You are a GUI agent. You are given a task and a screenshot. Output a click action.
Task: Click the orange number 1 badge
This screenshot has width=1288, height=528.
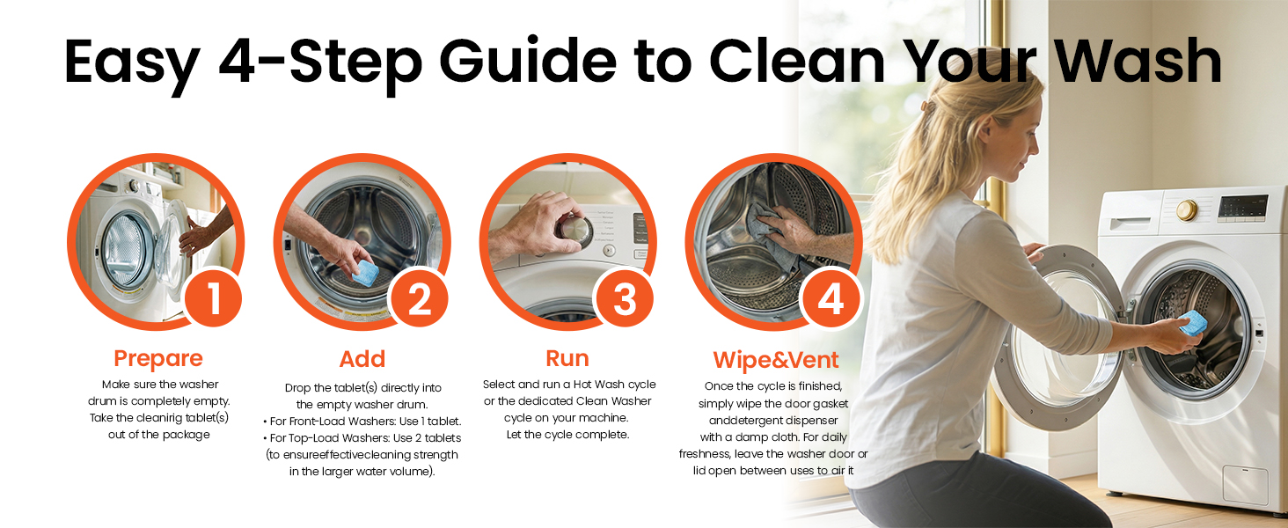point(213,298)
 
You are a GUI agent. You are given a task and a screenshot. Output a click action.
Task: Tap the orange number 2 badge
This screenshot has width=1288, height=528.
point(419,298)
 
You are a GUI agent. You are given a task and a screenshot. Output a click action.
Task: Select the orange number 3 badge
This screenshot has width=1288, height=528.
point(625,298)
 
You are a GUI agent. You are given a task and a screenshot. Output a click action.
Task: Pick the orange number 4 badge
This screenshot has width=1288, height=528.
point(831,298)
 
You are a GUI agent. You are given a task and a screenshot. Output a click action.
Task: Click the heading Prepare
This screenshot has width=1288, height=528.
point(158,359)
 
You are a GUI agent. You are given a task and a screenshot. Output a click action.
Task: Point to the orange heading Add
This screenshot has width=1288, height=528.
point(362,359)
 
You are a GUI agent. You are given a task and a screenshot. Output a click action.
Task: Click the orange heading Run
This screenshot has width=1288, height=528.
point(567,358)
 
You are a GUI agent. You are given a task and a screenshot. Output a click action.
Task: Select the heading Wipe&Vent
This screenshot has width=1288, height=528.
point(776,360)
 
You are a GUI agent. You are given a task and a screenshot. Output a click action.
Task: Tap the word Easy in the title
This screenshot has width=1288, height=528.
point(132,64)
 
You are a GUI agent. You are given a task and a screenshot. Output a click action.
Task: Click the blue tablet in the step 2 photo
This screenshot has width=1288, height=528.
point(365,273)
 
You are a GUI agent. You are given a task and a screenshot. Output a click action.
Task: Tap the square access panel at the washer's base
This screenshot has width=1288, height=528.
point(1246,486)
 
